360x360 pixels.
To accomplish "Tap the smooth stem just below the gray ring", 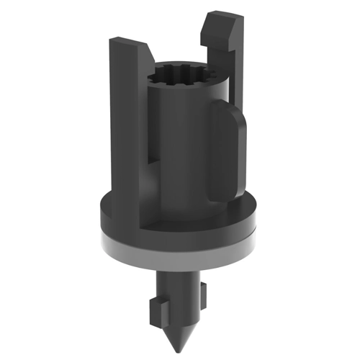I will coord(180,277).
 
